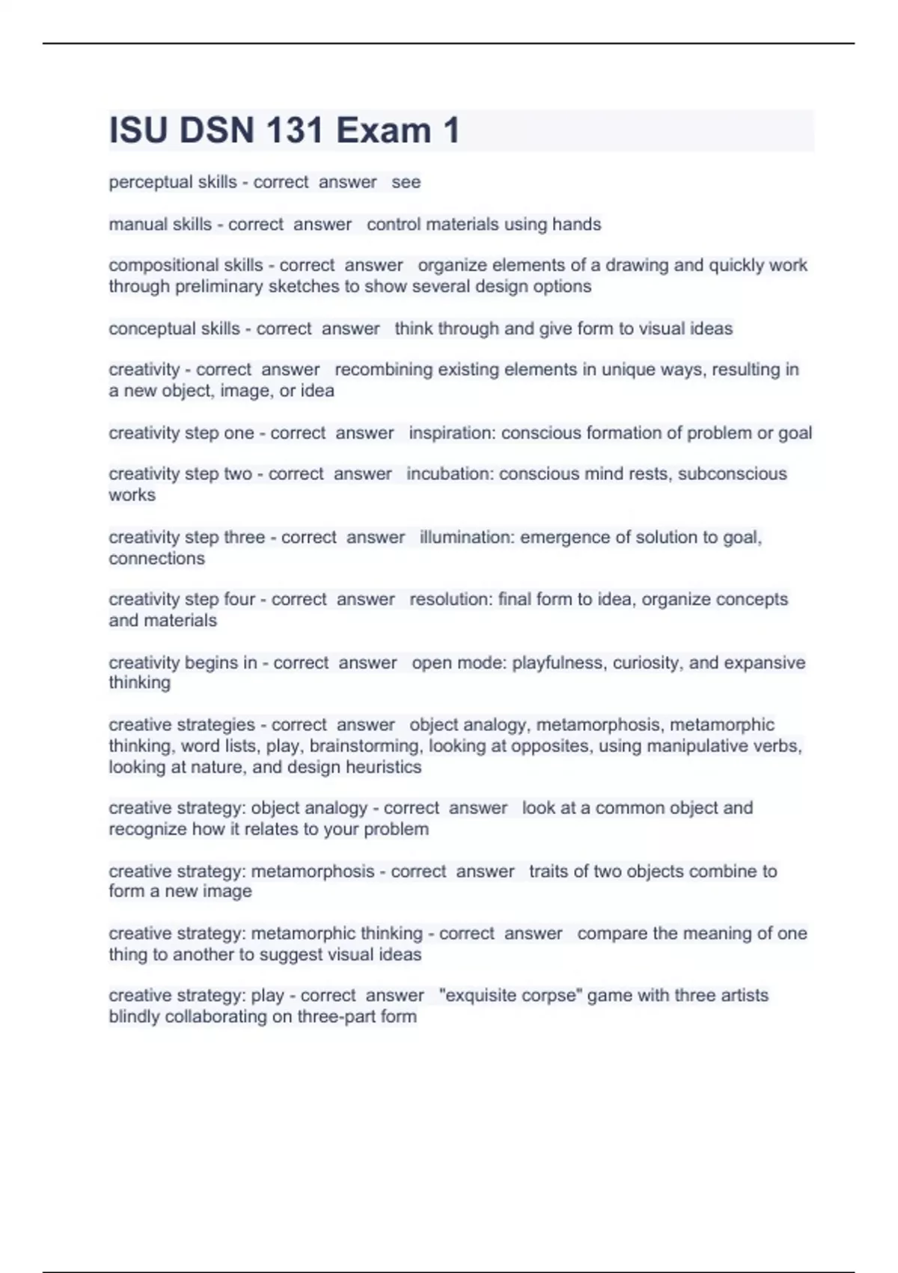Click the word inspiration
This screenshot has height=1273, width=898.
click(x=451, y=433)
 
